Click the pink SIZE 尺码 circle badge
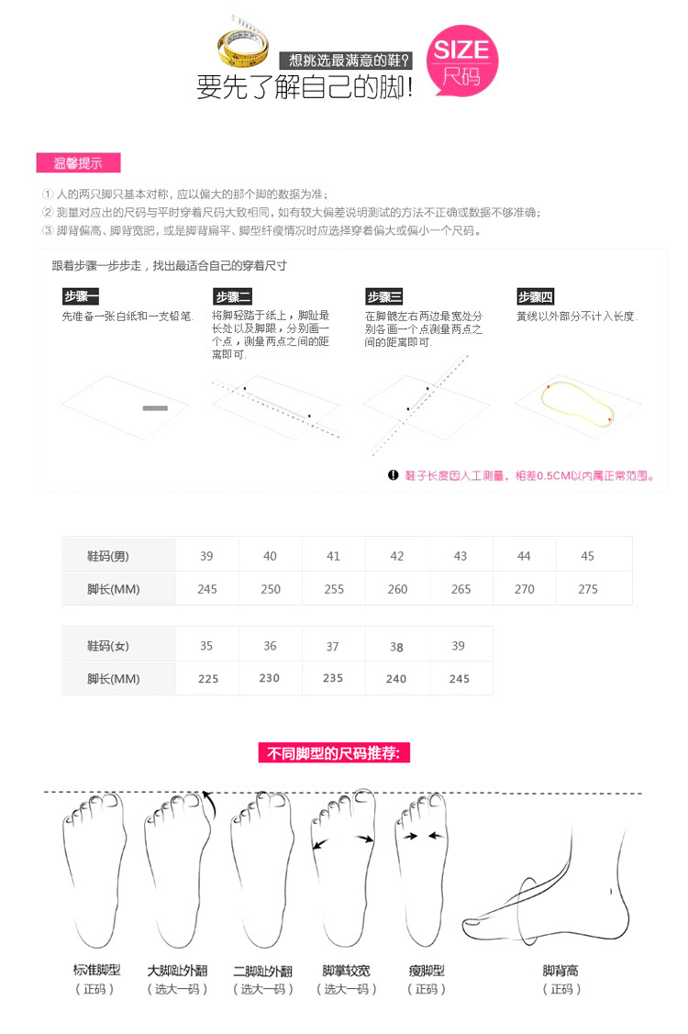coord(461,60)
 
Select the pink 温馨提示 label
coord(78,163)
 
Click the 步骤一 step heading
coord(81,296)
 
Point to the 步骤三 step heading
coord(384,296)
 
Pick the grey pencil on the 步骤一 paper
coord(155,406)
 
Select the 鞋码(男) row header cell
coord(119,555)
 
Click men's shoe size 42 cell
coord(397,555)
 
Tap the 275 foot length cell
coord(588,589)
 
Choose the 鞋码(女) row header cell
coord(119,645)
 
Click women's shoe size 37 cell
coord(333,646)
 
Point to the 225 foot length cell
coord(207,679)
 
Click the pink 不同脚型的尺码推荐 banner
coord(334,754)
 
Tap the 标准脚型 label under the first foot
coord(96,970)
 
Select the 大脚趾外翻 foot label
coord(177,970)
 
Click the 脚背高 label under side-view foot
coord(560,970)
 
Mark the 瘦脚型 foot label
coord(427,970)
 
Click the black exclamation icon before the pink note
coord(393,475)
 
